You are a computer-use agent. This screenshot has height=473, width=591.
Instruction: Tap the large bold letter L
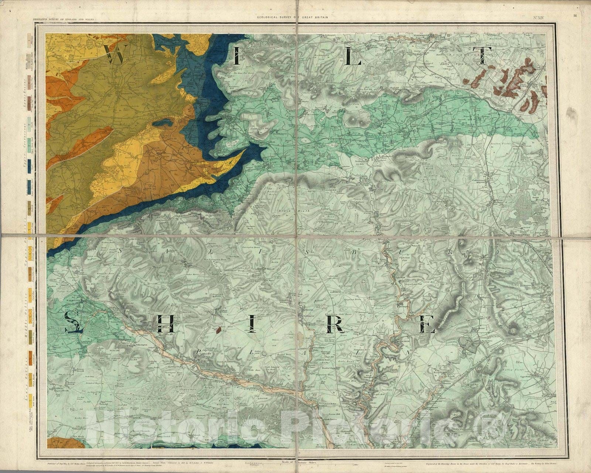(353, 56)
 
